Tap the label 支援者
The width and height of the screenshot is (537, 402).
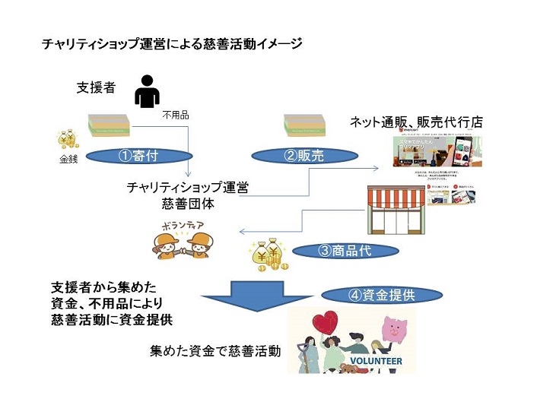(x=97, y=87)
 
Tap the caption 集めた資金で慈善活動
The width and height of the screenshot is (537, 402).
(x=215, y=351)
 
